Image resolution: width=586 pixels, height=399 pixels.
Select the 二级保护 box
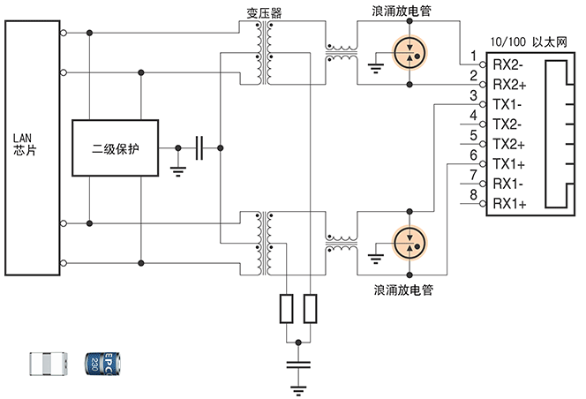click(116, 147)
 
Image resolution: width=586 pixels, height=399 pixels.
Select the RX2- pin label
click(509, 65)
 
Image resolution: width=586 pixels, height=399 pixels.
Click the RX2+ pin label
click(509, 85)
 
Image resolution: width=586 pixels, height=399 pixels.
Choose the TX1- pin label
click(509, 105)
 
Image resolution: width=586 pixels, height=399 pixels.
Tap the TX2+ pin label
click(509, 145)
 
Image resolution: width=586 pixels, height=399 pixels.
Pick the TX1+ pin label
click(509, 164)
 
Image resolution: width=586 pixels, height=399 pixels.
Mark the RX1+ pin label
click(509, 204)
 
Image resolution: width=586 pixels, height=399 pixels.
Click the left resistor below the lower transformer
click(288, 307)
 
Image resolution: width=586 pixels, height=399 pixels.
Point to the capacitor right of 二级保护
click(200, 147)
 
